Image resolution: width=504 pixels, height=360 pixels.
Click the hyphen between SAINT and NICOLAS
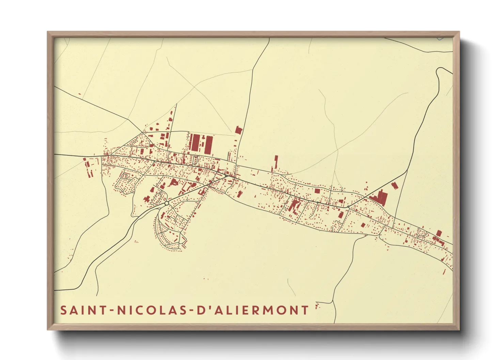[112, 311]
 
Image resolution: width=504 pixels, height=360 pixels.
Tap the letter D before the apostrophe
[201, 310]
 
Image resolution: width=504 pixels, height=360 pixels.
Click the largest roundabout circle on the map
[167, 203]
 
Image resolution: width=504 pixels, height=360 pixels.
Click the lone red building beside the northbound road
[238, 130]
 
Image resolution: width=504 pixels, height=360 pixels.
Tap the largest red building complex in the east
[379, 197]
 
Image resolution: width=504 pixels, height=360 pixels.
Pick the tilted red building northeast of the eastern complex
[395, 185]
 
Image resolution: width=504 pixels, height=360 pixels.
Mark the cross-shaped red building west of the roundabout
[147, 199]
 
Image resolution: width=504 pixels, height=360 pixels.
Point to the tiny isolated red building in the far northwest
[79, 94]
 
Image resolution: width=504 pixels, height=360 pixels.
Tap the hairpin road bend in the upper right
[439, 70]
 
